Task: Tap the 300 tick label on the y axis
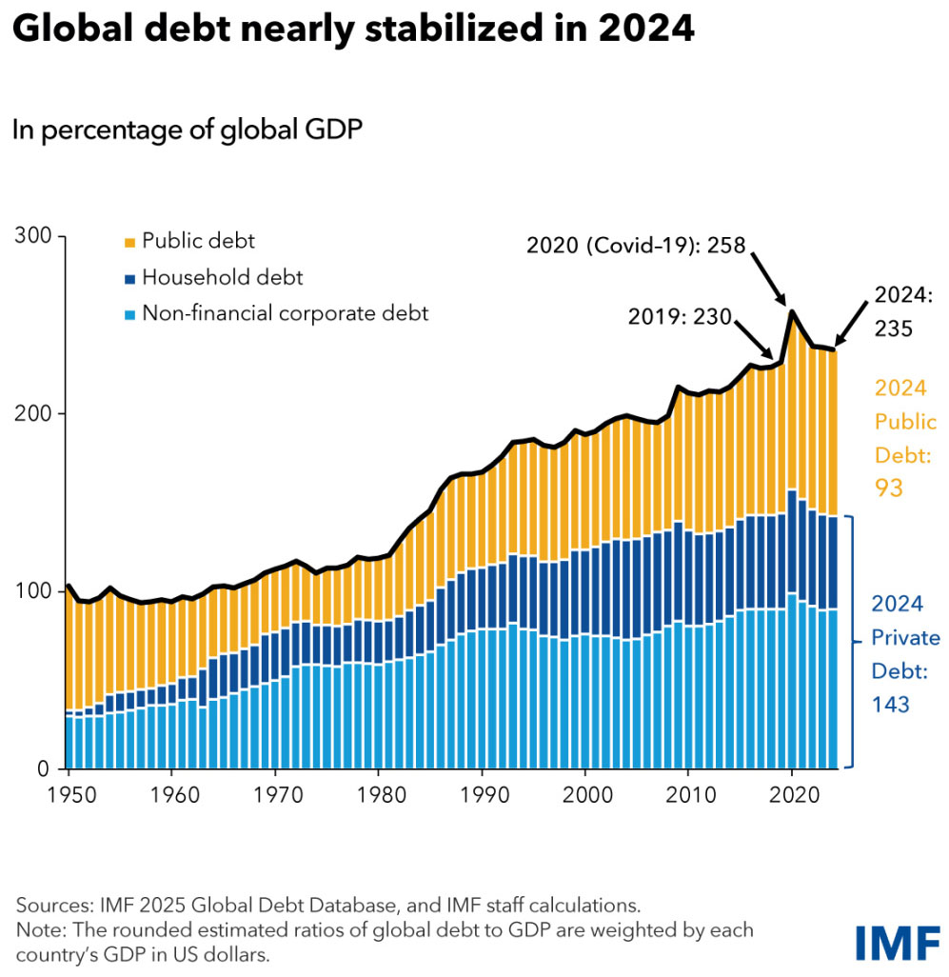(35, 236)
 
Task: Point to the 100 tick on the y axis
(35, 591)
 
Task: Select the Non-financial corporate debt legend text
(285, 312)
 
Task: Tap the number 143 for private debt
(892, 705)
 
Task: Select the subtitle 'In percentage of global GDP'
(188, 130)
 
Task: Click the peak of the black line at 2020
(792, 309)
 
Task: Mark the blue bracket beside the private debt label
(856, 641)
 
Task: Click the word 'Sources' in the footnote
(50, 904)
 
